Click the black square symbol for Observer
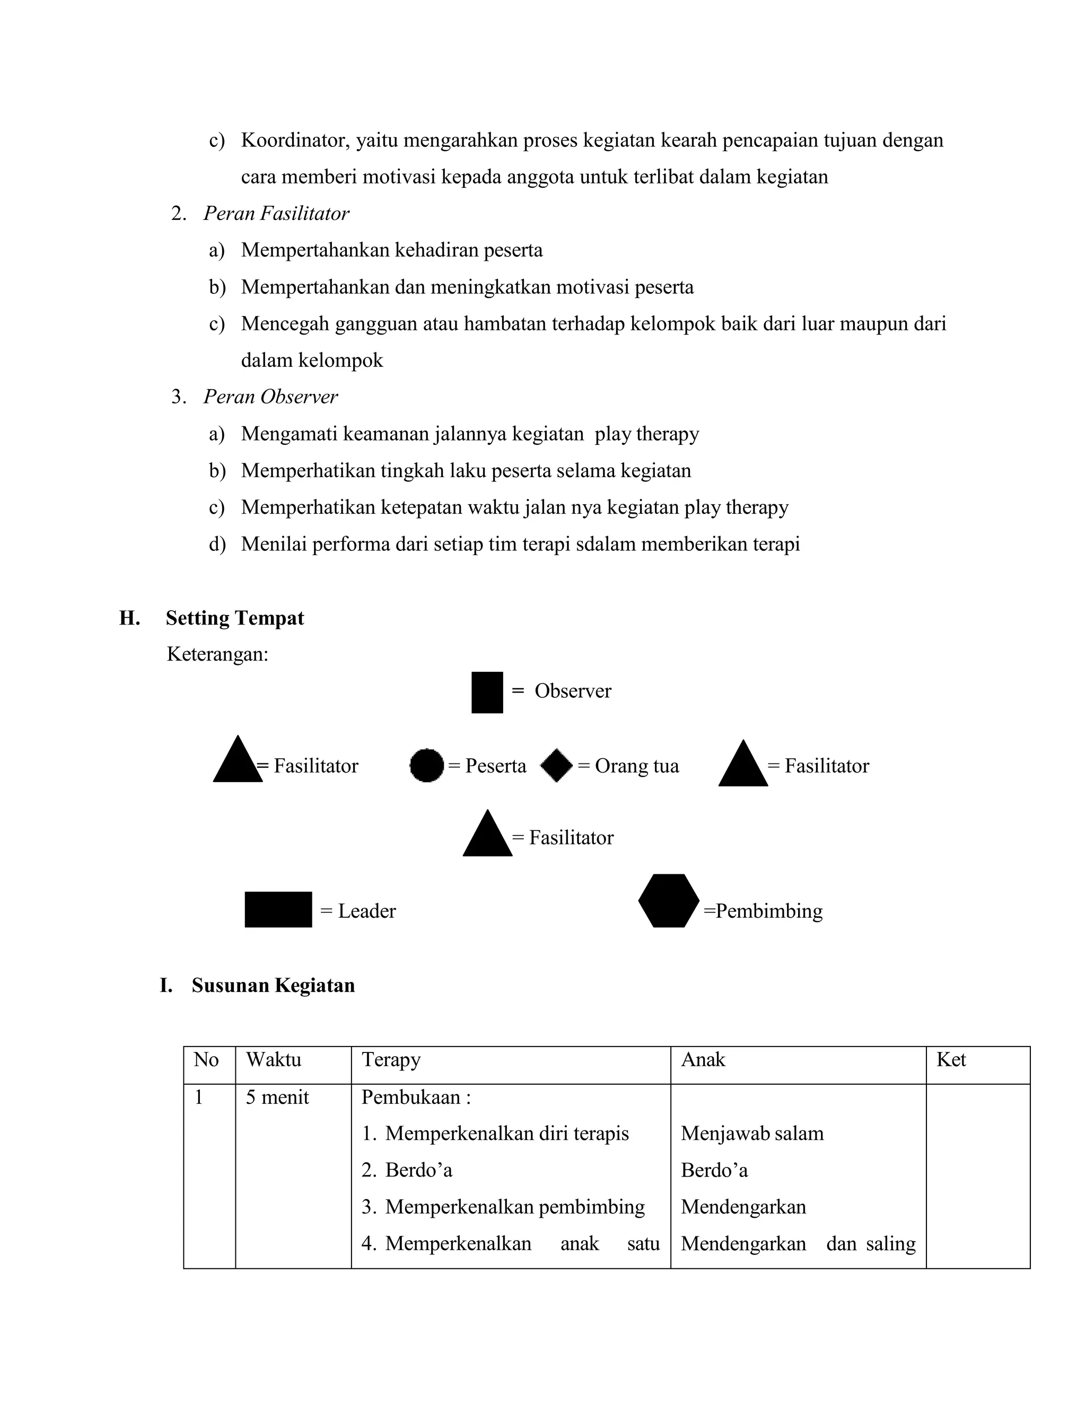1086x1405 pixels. click(487, 692)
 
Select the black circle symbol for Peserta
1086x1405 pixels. click(426, 766)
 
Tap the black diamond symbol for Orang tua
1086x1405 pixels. click(556, 766)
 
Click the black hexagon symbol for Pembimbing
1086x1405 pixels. click(669, 901)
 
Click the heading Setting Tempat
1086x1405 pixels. click(235, 618)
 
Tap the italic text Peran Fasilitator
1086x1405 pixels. click(276, 214)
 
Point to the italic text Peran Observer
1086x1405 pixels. click(270, 397)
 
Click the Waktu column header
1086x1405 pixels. click(274, 1059)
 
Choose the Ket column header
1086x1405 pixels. click(951, 1059)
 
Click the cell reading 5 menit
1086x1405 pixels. click(277, 1097)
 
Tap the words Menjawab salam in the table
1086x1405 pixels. click(752, 1133)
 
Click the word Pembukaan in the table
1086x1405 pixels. click(411, 1097)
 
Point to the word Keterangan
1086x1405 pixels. click(217, 654)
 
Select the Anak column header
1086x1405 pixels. click(703, 1059)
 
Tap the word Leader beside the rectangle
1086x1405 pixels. click(367, 911)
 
